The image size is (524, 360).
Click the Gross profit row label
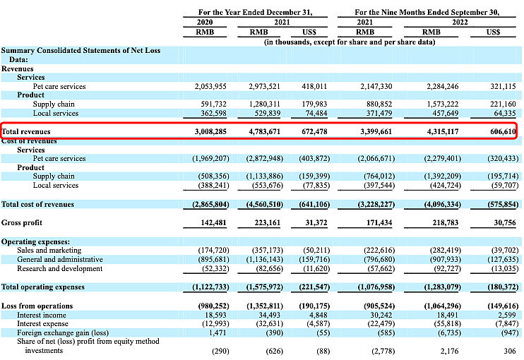click(22, 223)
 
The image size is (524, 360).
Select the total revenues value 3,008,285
click(210, 131)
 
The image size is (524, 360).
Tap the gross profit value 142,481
click(213, 223)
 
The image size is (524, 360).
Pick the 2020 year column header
click(205, 22)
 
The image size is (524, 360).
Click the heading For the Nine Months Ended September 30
click(427, 13)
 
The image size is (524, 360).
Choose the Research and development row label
click(60, 268)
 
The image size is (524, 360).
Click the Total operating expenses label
click(43, 287)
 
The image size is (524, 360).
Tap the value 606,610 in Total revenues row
click(503, 131)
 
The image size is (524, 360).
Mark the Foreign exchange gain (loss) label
click(63, 332)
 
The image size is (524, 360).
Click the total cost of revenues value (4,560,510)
click(265, 205)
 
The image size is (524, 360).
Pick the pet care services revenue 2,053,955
click(210, 87)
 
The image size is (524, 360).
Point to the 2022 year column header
click(460, 22)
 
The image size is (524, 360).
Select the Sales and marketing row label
click(49, 250)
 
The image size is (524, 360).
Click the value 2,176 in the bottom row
click(450, 351)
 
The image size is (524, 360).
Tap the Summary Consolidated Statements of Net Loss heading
click(81, 55)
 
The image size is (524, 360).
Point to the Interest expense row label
click(42, 323)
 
